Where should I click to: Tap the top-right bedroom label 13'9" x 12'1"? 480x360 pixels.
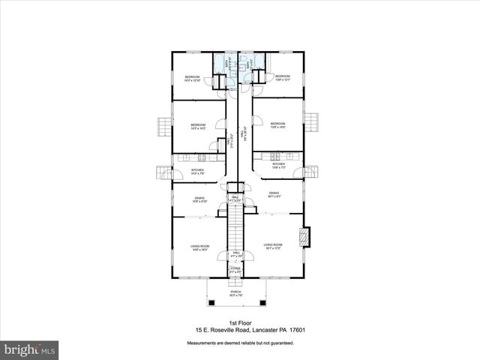pos(282,77)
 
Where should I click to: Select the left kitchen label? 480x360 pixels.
pos(197,172)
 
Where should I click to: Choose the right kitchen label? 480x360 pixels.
pos(278,165)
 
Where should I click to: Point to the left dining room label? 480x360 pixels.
pos(199,199)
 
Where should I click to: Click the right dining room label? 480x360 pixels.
pos(274,194)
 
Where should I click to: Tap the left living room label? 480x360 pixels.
pos(199,247)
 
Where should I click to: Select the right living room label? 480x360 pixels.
pos(273,246)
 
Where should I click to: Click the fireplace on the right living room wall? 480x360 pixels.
pos(304,238)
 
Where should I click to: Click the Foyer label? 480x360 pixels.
pos(235,269)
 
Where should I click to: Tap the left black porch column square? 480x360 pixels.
pos(211,302)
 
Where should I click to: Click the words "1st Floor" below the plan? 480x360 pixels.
pos(239,321)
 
